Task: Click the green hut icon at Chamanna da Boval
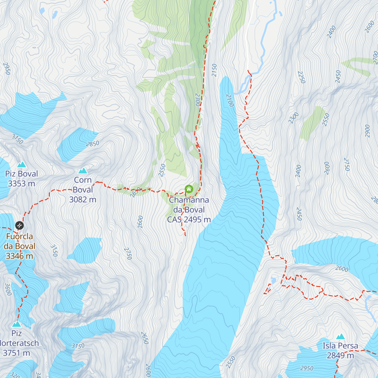[x=189, y=189]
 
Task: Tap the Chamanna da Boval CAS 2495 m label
[x=189, y=209]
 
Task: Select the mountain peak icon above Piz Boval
[x=21, y=164]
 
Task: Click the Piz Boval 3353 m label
[x=21, y=179]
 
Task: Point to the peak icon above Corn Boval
[x=83, y=171]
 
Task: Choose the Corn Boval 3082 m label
[x=83, y=190]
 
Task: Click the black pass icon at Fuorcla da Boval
[x=19, y=225]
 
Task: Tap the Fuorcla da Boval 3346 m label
[x=20, y=246]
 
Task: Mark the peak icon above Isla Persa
[x=340, y=337]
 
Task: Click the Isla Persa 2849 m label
[x=340, y=351]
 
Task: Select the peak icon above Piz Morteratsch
[x=17, y=324]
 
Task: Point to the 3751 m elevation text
[x=16, y=353]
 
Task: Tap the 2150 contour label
[x=215, y=70]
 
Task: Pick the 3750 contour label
[x=17, y=139]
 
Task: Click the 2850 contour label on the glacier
[x=93, y=144]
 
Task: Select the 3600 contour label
[x=8, y=289]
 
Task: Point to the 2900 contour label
[x=367, y=131]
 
